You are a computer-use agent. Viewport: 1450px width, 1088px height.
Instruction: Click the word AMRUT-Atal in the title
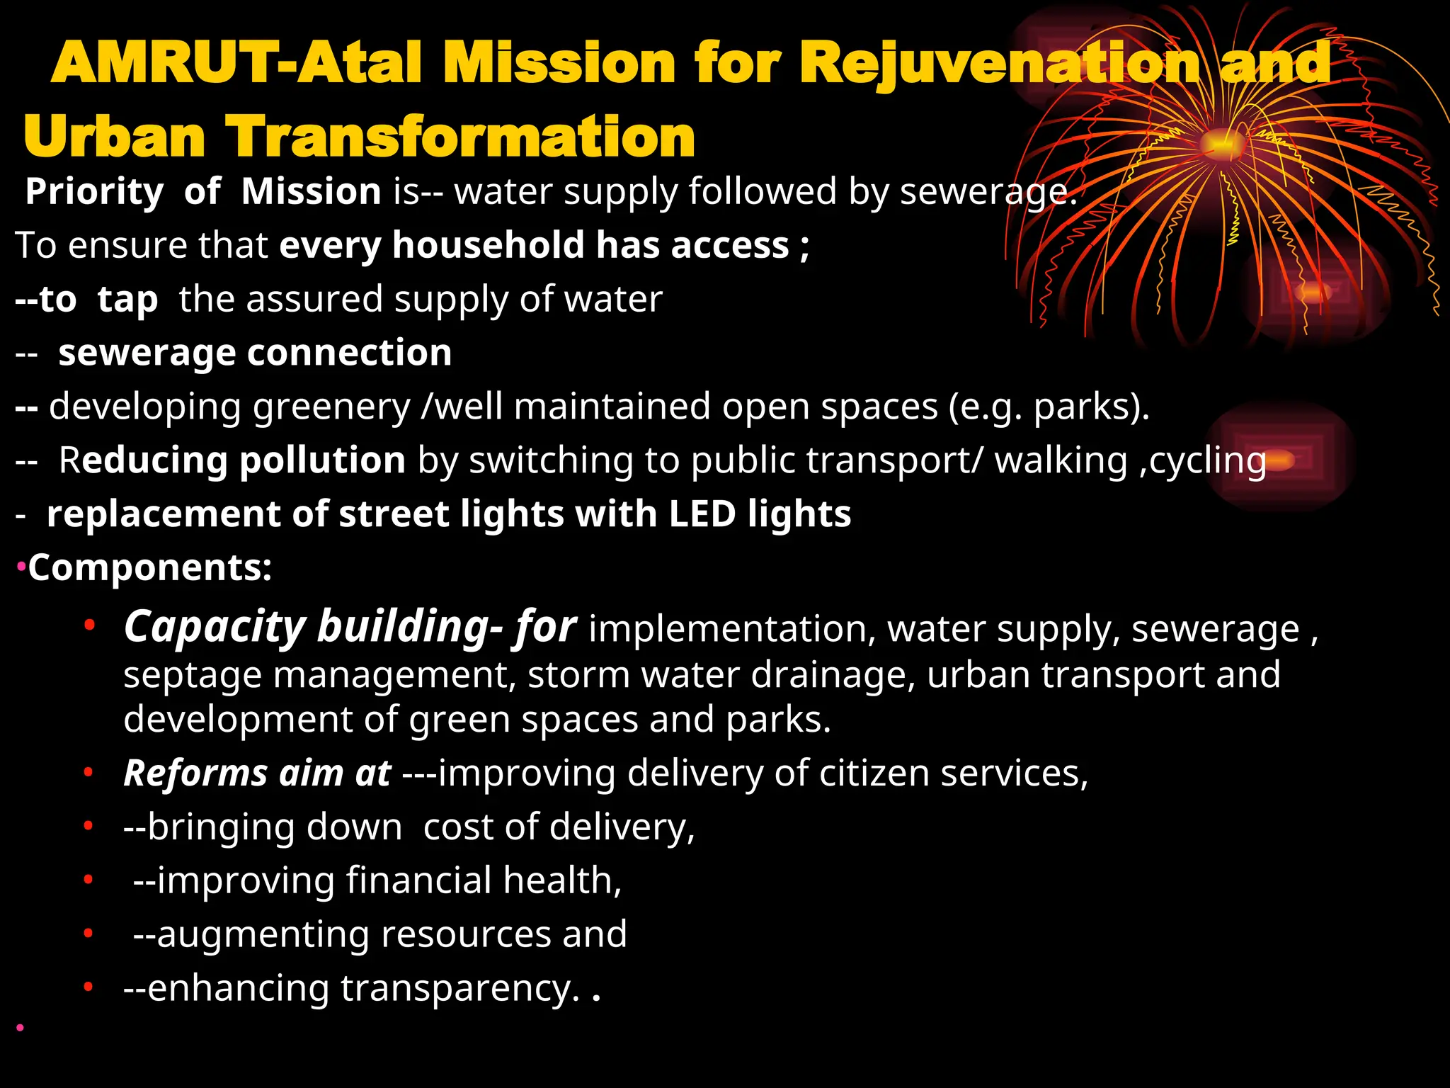click(238, 62)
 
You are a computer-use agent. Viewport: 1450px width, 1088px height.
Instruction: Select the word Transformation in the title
click(460, 137)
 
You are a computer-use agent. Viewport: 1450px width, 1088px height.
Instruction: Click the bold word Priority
click(94, 192)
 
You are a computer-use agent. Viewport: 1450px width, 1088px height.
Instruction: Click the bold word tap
click(127, 299)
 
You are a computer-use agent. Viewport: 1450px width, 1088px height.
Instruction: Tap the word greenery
click(331, 407)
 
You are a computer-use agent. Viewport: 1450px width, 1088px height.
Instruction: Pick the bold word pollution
click(322, 460)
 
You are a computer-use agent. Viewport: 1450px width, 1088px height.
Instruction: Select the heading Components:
click(149, 568)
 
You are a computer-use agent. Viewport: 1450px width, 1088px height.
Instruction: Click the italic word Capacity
click(214, 628)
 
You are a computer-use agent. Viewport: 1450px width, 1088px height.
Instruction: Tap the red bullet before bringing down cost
click(89, 826)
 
